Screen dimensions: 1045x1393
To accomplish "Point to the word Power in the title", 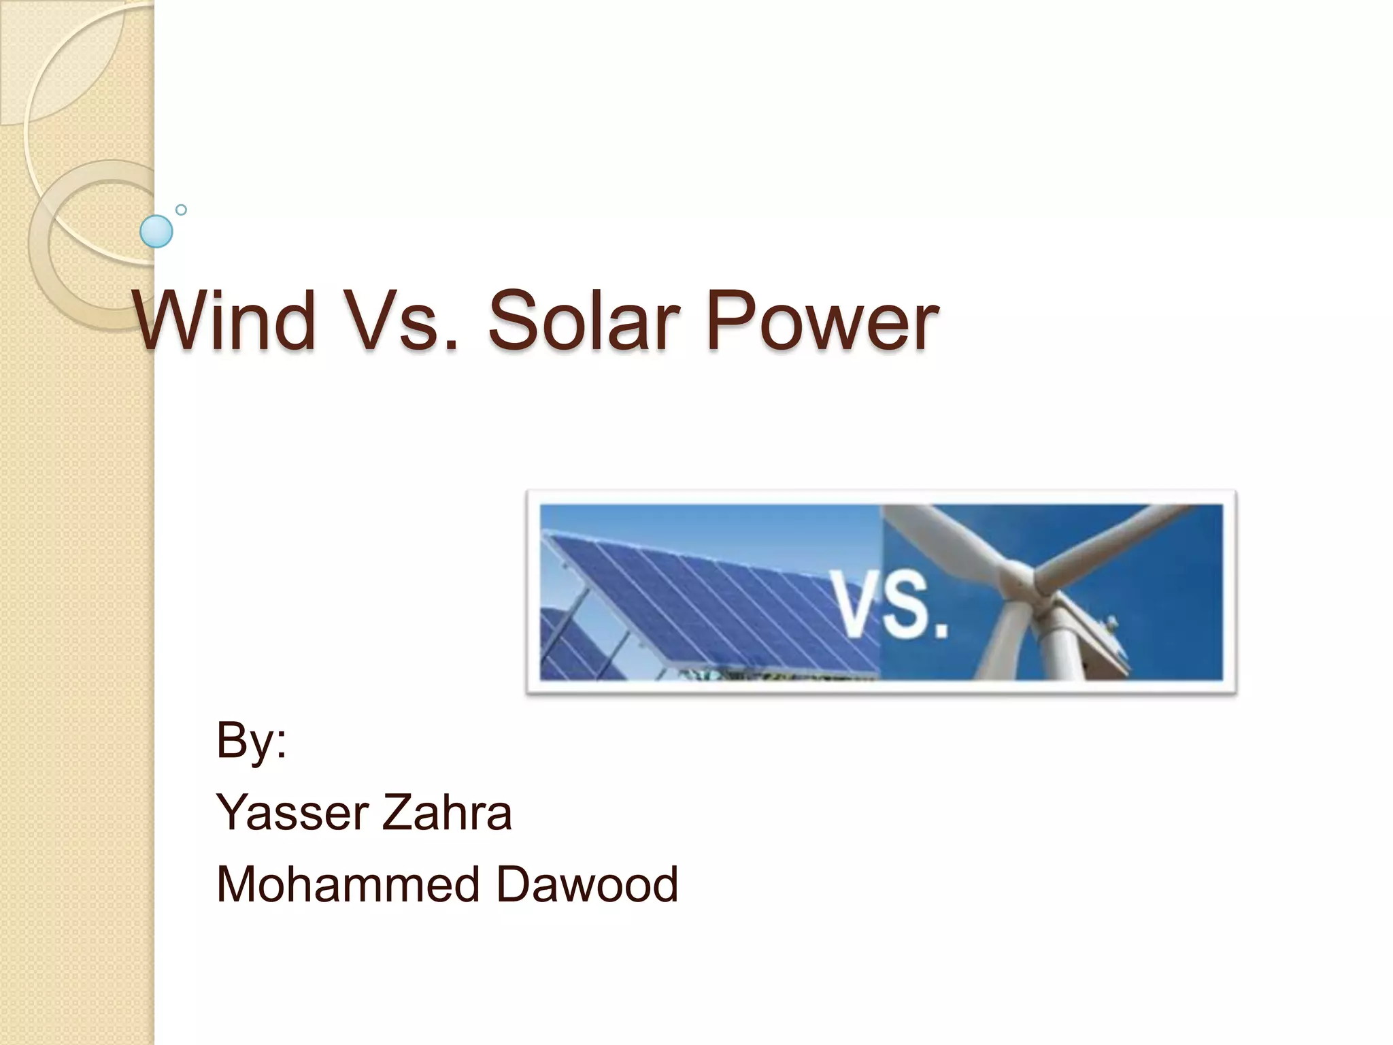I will [822, 320].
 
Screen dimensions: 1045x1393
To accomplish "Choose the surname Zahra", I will [446, 813].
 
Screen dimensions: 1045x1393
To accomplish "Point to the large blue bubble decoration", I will [156, 231].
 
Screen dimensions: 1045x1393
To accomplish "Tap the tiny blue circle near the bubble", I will [181, 210].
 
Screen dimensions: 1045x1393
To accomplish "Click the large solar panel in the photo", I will [707, 599].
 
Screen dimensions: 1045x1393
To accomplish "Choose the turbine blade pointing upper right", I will [1122, 537].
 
